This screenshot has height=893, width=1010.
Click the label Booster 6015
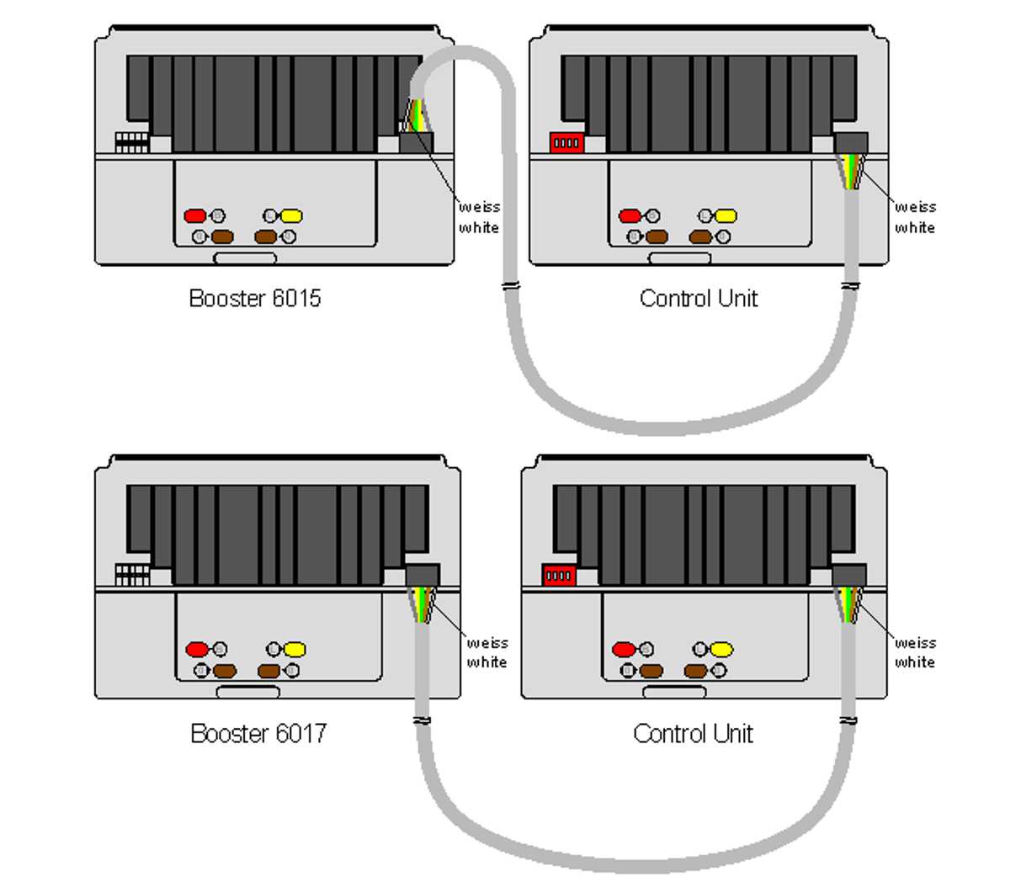254,299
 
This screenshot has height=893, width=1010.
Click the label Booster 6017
258,734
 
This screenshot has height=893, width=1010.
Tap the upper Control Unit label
699,299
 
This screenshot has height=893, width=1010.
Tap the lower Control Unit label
693,734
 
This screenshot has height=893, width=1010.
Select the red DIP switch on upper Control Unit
566,143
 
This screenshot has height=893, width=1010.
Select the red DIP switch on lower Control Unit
559,577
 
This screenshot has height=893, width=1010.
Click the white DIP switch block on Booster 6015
131,141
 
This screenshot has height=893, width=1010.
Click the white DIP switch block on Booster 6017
132,575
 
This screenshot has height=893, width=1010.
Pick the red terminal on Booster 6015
195,216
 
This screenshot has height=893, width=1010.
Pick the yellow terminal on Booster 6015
291,216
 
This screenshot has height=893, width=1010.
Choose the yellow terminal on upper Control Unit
726,216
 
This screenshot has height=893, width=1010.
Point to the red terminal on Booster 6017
197,650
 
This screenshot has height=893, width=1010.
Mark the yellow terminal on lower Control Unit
721,650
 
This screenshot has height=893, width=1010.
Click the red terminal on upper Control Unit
630,216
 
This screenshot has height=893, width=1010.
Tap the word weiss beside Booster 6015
479,207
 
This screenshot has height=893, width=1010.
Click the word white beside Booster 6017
486,662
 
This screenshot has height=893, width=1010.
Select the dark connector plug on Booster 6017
423,576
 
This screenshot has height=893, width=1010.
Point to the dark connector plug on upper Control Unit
851,142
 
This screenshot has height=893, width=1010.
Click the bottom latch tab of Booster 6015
245,258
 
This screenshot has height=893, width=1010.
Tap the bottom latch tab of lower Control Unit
674,692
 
